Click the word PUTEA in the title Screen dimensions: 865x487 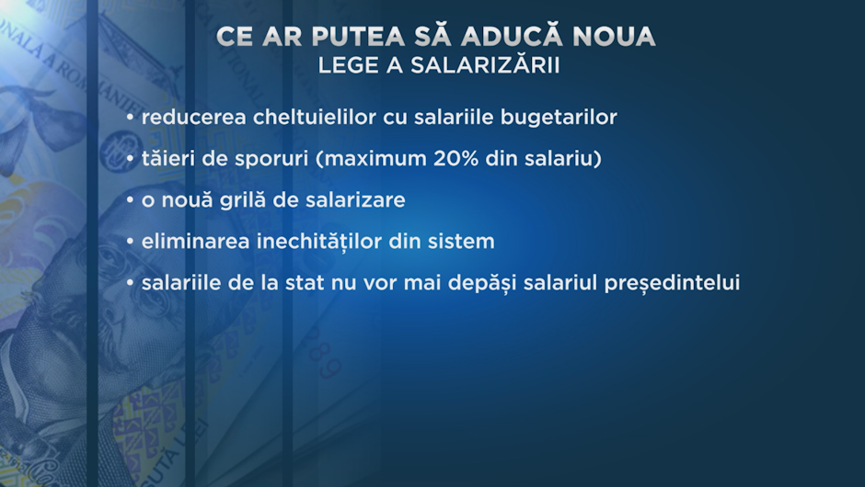click(x=357, y=37)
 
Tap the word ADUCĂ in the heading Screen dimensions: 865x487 click(x=512, y=34)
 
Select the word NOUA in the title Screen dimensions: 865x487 click(x=614, y=37)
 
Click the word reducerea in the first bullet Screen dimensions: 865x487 click(x=193, y=117)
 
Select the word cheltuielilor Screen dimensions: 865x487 click(x=315, y=117)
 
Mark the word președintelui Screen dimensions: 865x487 click(x=672, y=284)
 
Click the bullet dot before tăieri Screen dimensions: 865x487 click(x=130, y=159)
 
